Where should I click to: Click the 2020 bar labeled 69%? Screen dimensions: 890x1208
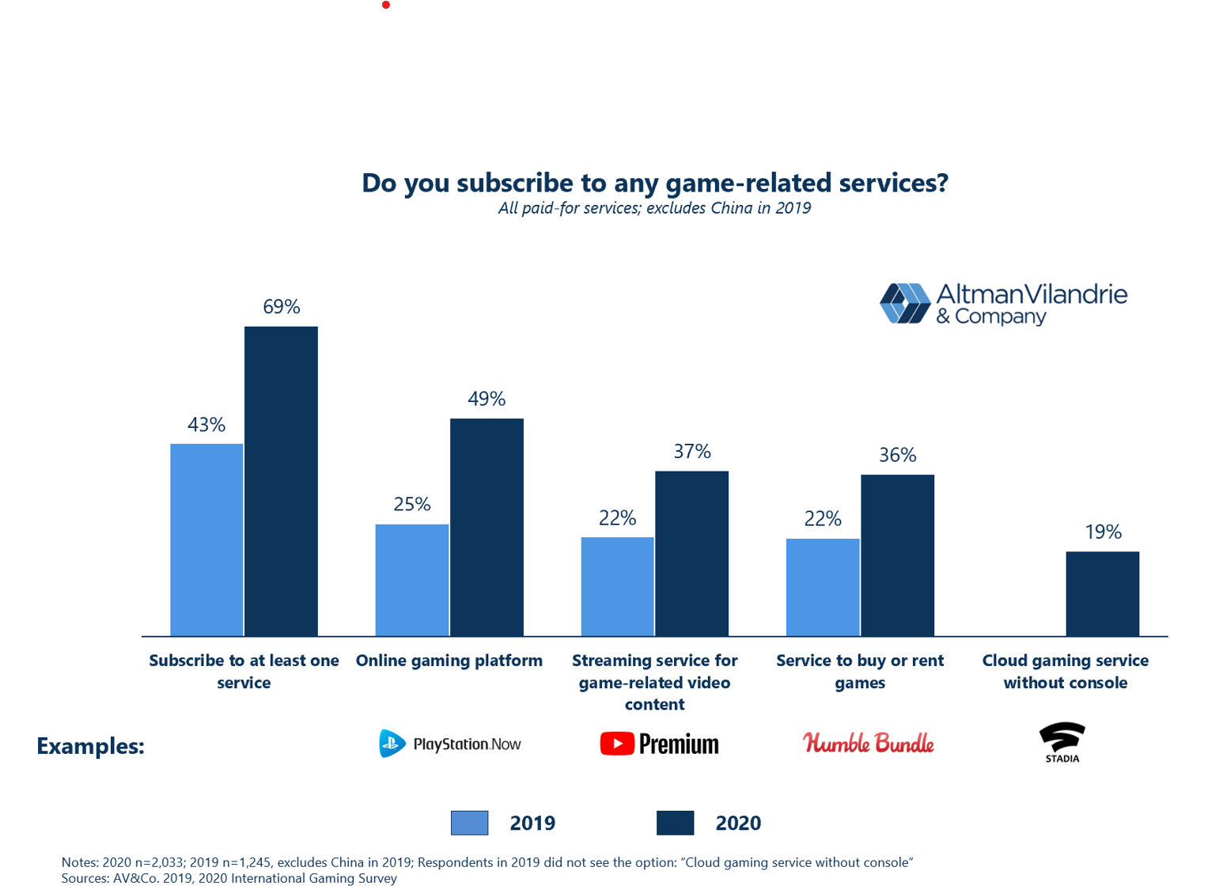pyautogui.click(x=281, y=481)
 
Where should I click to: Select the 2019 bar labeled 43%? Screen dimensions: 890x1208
pyautogui.click(x=206, y=540)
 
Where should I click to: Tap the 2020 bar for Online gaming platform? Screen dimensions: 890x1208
pyautogui.click(x=487, y=527)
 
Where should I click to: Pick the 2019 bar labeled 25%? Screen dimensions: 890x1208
pyautogui.click(x=412, y=580)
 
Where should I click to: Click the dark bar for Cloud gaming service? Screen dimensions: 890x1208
pyautogui.click(x=1102, y=593)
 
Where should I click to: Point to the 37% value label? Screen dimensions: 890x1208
pyautogui.click(x=692, y=452)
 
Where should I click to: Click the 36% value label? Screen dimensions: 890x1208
pyautogui.click(x=897, y=455)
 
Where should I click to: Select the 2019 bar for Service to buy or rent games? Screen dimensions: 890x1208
pyautogui.click(x=823, y=587)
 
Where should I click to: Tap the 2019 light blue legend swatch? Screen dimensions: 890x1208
pyautogui.click(x=469, y=823)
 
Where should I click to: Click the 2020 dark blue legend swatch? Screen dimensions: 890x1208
pyautogui.click(x=675, y=823)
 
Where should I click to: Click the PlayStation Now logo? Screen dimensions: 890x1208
pyautogui.click(x=449, y=744)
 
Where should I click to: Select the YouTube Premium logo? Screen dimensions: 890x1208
pyautogui.click(x=659, y=744)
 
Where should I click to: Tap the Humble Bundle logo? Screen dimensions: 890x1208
pyautogui.click(x=868, y=743)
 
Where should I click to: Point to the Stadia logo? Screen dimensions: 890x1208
pyautogui.click(x=1062, y=742)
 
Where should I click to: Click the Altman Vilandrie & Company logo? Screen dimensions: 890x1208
pyautogui.click(x=1003, y=304)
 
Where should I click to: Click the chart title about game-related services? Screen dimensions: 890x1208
pyautogui.click(x=654, y=183)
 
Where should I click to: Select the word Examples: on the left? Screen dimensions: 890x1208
pyautogui.click(x=90, y=746)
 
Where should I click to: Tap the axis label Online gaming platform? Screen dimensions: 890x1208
pyautogui.click(x=449, y=661)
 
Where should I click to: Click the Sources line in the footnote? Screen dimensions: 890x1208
pyautogui.click(x=229, y=878)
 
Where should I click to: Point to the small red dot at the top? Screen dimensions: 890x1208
pyautogui.click(x=386, y=5)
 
